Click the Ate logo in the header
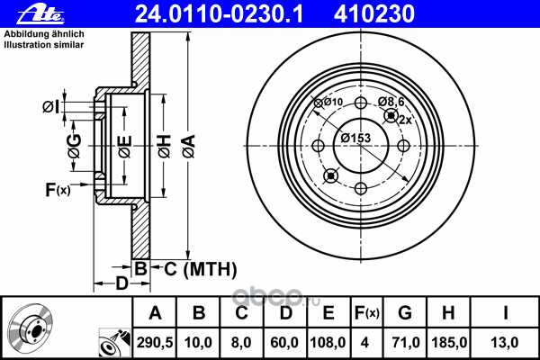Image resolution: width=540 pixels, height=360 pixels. click(x=40, y=14)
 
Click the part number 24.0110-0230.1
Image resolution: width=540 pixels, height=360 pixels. click(x=219, y=13)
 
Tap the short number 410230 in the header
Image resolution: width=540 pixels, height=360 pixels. click(x=373, y=13)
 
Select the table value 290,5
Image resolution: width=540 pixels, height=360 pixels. click(x=155, y=343)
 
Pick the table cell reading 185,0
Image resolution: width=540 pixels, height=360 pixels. click(x=449, y=343)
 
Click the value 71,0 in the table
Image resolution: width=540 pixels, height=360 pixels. click(x=406, y=343)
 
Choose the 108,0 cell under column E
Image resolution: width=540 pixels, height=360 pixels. click(x=328, y=343)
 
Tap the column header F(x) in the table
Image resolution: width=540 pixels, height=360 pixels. click(x=367, y=313)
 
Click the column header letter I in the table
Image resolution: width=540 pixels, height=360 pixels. click(x=505, y=313)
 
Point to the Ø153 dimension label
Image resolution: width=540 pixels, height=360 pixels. click(x=355, y=138)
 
